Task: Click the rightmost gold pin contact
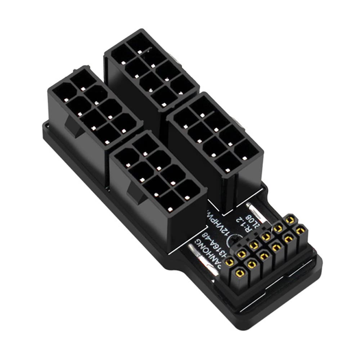click(x=300, y=230)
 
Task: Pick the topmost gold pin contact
click(x=288, y=220)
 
